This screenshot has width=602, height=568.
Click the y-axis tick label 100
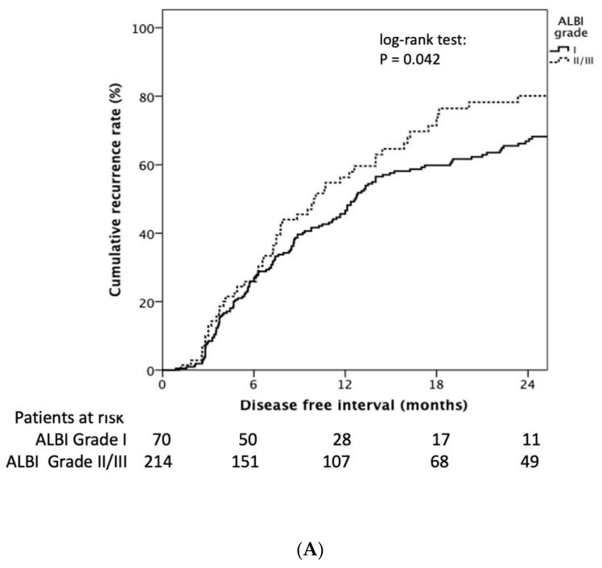pyautogui.click(x=144, y=28)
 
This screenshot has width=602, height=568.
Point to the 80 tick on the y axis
pyautogui.click(x=147, y=97)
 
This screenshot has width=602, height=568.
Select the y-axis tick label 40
pyautogui.click(x=147, y=233)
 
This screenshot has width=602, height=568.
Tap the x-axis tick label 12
pyautogui.click(x=345, y=384)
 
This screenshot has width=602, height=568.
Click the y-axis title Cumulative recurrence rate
pyautogui.click(x=116, y=200)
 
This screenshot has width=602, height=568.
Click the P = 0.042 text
pyautogui.click(x=410, y=59)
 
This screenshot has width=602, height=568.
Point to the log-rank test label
pyautogui.click(x=414, y=39)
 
